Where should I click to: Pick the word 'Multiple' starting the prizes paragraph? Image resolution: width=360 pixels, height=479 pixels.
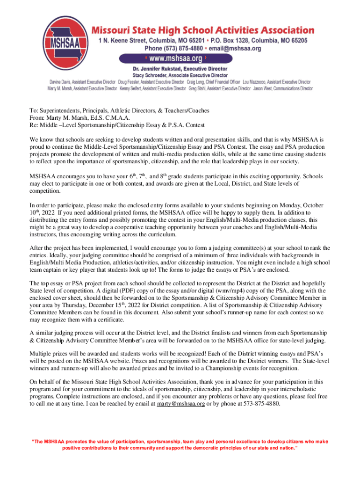point(41,355)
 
